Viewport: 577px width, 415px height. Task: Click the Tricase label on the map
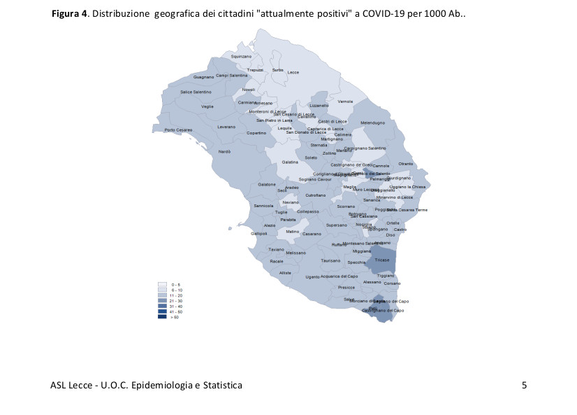tap(381, 260)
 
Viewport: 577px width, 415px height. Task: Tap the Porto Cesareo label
tap(178, 130)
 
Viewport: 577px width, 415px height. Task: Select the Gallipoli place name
tap(259, 234)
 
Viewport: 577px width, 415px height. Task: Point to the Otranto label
tap(405, 164)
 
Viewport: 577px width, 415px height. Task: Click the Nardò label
tap(225, 152)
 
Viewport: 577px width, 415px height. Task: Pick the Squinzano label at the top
tap(241, 56)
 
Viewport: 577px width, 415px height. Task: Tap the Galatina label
tap(290, 162)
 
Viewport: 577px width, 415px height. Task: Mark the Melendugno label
tap(372, 123)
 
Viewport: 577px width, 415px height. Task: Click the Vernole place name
tap(345, 102)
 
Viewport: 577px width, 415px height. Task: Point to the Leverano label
tap(226, 127)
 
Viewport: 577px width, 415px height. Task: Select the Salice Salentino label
tap(196, 92)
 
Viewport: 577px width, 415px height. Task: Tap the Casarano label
tap(312, 234)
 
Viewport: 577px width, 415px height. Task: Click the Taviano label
tap(276, 249)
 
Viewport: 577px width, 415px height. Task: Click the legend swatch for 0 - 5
tap(162, 284)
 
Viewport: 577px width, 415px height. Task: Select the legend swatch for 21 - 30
tap(162, 300)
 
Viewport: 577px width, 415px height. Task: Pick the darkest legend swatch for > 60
tap(162, 316)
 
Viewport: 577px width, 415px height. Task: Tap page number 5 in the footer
tap(524, 385)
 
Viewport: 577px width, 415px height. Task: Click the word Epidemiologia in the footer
tap(163, 385)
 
